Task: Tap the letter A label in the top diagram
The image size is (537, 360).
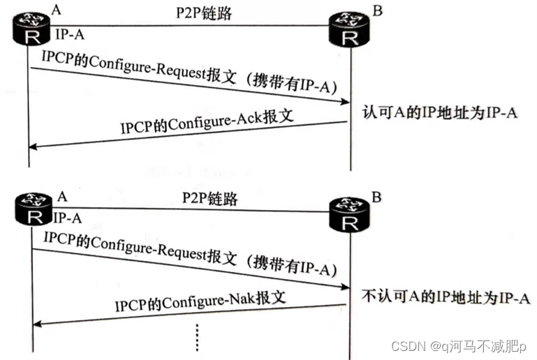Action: pyautogui.click(x=55, y=9)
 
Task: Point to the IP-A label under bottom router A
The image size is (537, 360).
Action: pyautogui.click(x=68, y=218)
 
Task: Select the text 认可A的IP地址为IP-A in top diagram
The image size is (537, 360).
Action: pyautogui.click(x=439, y=112)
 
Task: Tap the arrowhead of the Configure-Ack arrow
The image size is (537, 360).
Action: pyautogui.click(x=34, y=147)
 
